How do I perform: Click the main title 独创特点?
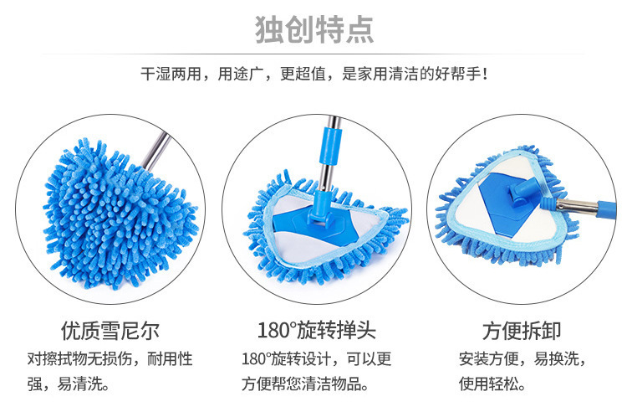[314, 29]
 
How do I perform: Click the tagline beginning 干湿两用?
[313, 74]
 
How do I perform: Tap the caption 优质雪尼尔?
[110, 331]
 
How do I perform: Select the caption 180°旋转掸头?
[317, 331]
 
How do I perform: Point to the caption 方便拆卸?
[522, 331]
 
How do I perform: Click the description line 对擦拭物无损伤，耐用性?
[110, 358]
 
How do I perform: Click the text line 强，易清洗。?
[69, 384]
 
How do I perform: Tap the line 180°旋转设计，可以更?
[316, 358]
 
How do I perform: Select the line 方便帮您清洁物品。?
[305, 384]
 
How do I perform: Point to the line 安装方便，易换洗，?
[522, 358]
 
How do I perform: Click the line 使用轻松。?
[492, 384]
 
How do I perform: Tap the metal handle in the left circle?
[157, 150]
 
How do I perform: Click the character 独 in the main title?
[269, 29]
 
